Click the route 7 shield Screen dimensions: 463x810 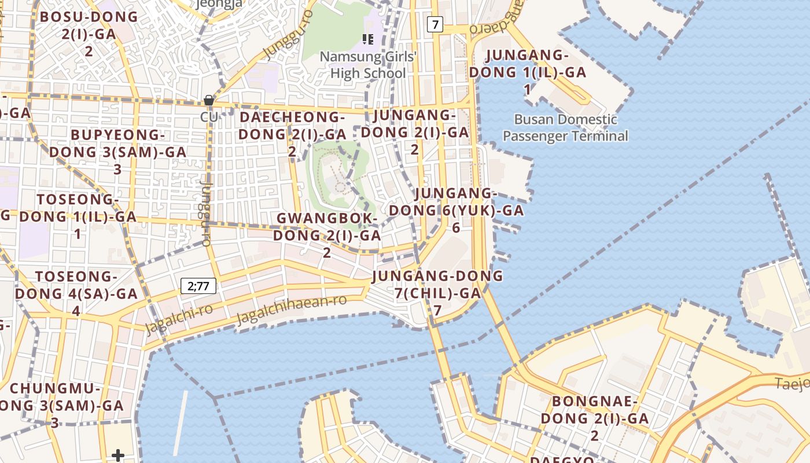435,24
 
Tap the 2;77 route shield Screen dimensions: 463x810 198,285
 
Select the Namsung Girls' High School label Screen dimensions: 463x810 368,65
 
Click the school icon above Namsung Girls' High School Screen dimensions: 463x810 367,39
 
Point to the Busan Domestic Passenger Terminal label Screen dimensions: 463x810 565,128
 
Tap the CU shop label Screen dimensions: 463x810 209,116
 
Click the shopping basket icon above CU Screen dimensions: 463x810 209,101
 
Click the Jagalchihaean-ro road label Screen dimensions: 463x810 292,310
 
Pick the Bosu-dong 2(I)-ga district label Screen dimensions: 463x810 89,34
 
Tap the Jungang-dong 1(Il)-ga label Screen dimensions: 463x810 528,72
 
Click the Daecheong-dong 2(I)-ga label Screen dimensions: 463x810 293,134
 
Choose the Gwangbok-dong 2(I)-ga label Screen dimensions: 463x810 327,235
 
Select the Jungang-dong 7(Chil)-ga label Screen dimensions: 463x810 438,293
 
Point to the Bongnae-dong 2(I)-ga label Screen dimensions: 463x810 594,418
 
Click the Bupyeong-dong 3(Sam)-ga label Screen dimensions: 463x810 118,152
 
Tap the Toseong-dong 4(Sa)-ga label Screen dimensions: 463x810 76,293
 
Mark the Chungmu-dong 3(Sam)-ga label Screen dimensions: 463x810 56,405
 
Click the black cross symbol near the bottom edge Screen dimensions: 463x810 118,455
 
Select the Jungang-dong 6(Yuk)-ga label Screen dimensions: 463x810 456,210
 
